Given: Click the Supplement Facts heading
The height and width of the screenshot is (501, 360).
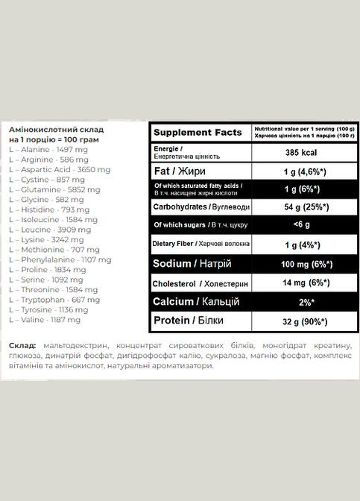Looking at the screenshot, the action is pyautogui.click(x=198, y=132).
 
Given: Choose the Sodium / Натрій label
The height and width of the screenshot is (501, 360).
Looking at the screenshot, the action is pyautogui.click(x=191, y=263).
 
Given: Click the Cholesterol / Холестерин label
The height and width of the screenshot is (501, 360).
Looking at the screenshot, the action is pyautogui.click(x=197, y=283).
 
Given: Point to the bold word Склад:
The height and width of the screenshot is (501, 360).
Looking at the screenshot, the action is pyautogui.click(x=23, y=347).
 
